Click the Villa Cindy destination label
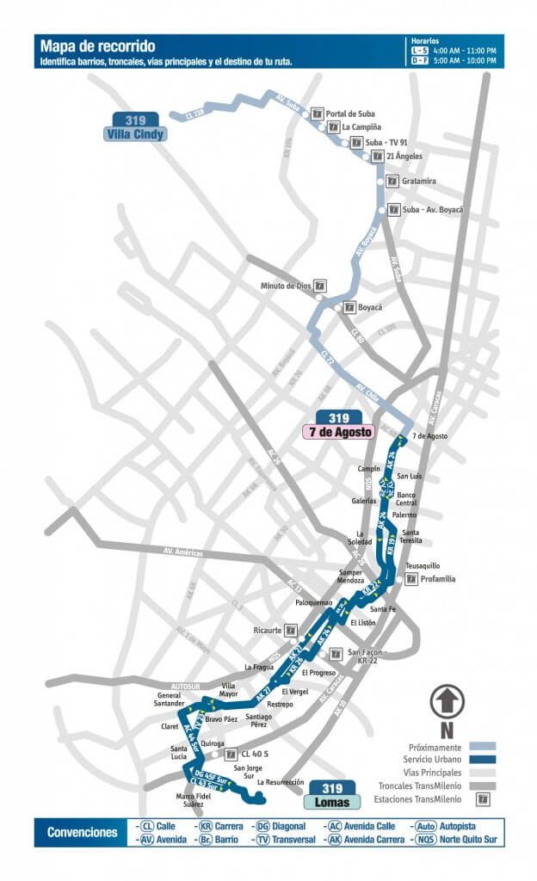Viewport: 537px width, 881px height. click(x=135, y=133)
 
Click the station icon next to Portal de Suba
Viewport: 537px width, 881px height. click(x=318, y=114)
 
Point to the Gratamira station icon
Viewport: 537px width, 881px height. click(x=391, y=182)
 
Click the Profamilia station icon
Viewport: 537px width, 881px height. click(x=412, y=579)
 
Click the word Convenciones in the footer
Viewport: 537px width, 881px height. click(x=83, y=833)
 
